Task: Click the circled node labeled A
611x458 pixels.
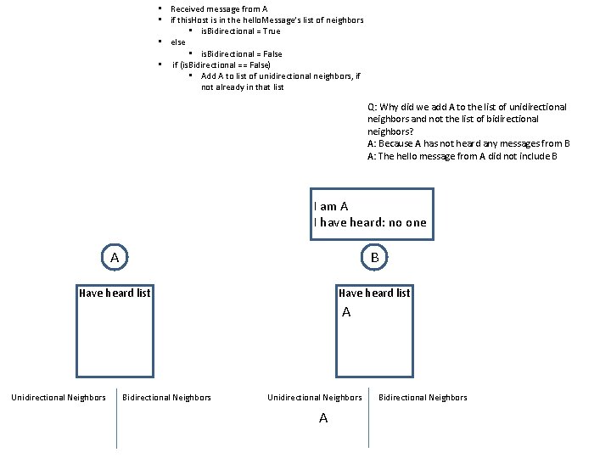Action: (115, 256)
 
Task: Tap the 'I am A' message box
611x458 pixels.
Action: (372, 215)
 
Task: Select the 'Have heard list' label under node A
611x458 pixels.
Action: (115, 293)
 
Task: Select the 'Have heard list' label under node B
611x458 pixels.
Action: (374, 293)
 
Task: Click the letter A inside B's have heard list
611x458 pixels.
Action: (346, 313)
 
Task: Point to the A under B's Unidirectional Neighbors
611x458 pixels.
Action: (323, 418)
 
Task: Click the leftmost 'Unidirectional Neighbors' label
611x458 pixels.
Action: (59, 398)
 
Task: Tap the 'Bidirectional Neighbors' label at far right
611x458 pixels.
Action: (423, 398)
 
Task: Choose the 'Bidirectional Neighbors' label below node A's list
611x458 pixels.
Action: (167, 398)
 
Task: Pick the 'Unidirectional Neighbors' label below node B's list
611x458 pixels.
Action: (315, 398)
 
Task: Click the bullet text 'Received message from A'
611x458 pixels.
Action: (219, 8)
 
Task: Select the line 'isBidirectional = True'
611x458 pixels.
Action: (240, 31)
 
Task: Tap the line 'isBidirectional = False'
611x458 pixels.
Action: (241, 53)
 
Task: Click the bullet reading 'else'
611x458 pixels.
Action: (178, 42)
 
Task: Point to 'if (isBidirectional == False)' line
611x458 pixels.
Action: (221, 64)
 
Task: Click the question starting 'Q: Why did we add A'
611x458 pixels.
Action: (467, 119)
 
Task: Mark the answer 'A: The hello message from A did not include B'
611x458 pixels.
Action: (462, 156)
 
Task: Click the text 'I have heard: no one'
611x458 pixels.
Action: (370, 223)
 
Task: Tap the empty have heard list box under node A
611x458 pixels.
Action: (115, 339)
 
